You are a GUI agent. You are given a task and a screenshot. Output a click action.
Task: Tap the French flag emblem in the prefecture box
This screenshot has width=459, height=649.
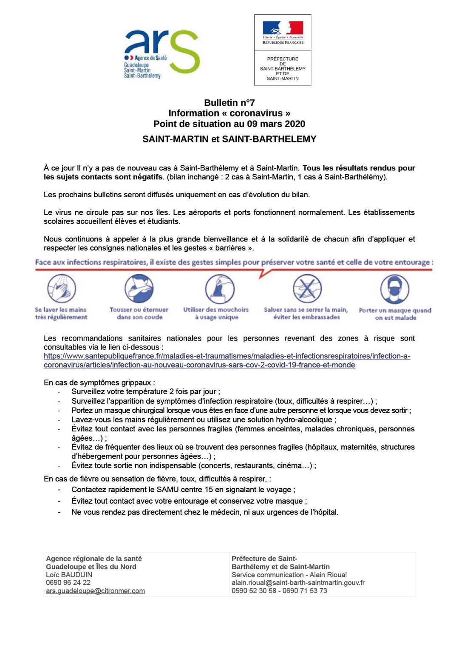click(x=283, y=28)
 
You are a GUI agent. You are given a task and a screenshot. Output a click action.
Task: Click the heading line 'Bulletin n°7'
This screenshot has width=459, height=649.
click(x=229, y=103)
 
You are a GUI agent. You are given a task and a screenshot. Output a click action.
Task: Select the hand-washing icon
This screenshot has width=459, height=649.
click(x=62, y=288)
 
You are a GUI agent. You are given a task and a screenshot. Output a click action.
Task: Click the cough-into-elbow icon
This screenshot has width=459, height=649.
click(x=139, y=288)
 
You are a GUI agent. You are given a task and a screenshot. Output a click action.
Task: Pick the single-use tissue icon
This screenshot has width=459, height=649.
click(x=219, y=289)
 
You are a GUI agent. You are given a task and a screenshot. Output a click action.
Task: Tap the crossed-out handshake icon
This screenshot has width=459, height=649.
click(x=307, y=288)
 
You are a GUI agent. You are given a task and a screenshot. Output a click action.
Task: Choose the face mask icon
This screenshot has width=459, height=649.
click(x=395, y=289)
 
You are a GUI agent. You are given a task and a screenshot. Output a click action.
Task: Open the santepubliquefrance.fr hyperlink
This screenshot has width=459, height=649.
click(x=227, y=360)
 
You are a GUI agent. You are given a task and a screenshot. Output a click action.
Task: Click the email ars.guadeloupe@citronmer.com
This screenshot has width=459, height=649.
click(x=95, y=591)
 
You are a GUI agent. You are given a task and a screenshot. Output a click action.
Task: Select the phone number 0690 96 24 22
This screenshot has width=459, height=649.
click(x=68, y=583)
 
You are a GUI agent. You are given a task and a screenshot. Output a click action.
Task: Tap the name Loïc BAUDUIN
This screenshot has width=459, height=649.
click(x=69, y=575)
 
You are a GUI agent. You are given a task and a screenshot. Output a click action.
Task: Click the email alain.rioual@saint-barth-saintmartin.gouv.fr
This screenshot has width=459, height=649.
click(x=298, y=583)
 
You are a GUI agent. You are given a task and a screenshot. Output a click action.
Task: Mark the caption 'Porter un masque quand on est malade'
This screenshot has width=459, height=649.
click(x=395, y=314)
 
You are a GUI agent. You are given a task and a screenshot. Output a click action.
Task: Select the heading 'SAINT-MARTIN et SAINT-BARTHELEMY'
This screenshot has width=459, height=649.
click(x=229, y=139)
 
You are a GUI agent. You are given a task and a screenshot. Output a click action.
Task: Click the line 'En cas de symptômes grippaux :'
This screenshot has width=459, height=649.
click(x=99, y=383)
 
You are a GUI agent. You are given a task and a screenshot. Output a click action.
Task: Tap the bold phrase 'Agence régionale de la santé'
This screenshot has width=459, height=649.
click(x=93, y=558)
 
